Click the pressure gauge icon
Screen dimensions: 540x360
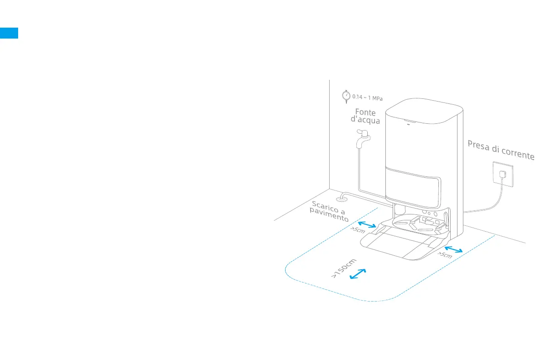click(x=346, y=96)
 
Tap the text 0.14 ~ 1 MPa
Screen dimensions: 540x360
click(x=368, y=97)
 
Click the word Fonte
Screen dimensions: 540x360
click(x=365, y=112)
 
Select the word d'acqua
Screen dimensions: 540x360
click(x=365, y=120)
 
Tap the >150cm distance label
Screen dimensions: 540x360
click(x=344, y=268)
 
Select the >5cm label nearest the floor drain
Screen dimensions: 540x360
click(x=357, y=230)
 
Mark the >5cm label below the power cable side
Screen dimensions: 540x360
click(x=444, y=255)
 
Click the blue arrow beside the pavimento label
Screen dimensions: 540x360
click(x=367, y=225)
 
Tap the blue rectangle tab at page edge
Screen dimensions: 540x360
click(x=9, y=33)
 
